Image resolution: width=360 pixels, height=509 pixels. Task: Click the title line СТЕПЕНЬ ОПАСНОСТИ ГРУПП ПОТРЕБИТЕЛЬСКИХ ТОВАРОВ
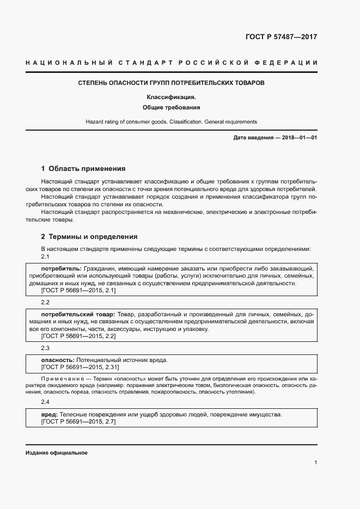(171, 83)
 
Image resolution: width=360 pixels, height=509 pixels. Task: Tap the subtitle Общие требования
(171, 108)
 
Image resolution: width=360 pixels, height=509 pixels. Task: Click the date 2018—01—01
(297, 138)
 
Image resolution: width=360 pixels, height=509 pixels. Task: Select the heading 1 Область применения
(83, 169)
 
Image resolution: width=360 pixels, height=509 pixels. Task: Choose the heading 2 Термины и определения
(89, 237)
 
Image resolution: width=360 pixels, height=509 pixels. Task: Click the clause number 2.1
(45, 256)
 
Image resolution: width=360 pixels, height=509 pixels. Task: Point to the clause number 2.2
(45, 302)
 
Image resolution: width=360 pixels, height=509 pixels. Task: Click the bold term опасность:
(58, 360)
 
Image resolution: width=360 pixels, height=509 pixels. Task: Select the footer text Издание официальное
(56, 453)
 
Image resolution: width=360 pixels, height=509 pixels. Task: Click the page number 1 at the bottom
(315, 463)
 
